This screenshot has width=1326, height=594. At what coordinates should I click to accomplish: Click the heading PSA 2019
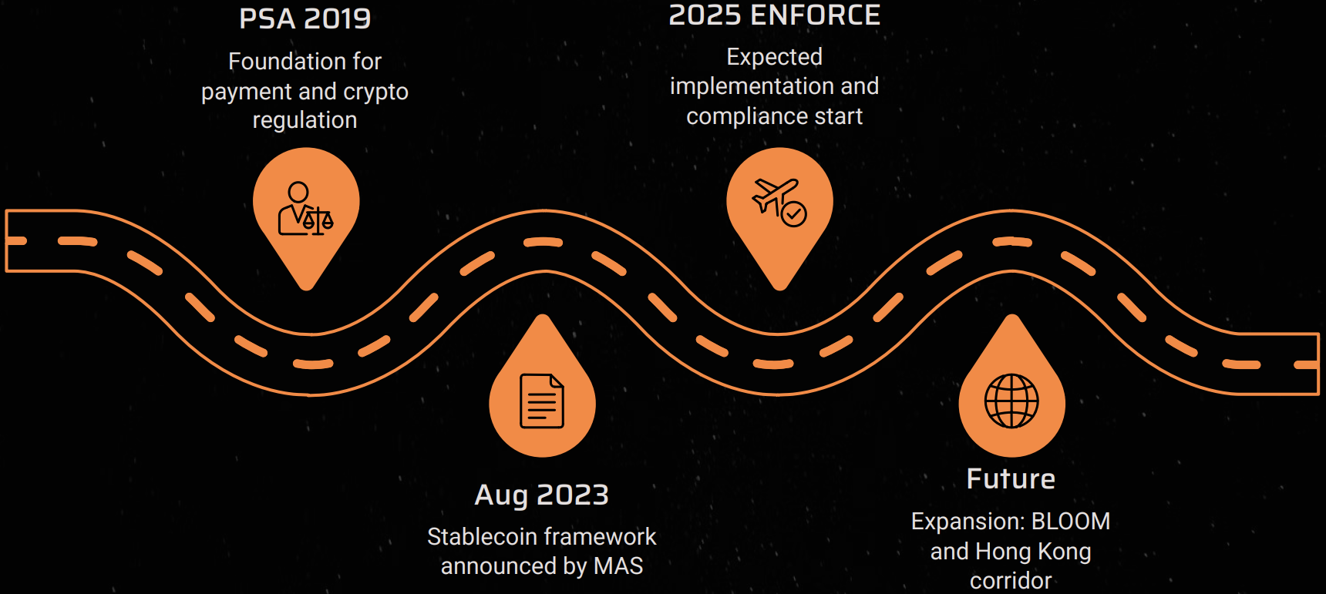305,18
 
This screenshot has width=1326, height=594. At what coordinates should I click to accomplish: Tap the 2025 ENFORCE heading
774,15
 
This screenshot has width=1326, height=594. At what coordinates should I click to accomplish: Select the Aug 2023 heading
541,495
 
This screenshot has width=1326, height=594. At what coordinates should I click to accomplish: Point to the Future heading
1011,479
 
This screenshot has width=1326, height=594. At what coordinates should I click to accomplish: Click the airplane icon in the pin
774,196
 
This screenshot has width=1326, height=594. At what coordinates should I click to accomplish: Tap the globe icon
1011,401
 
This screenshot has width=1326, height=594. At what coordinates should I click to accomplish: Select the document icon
542,401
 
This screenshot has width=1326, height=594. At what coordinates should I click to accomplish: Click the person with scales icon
305,209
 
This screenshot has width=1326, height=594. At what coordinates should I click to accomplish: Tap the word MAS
618,566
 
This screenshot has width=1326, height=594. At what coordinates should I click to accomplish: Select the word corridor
1011,580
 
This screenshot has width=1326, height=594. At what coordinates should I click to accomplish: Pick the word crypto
375,92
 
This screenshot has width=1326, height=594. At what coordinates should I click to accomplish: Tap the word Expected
774,57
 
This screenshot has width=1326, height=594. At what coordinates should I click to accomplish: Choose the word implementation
752,86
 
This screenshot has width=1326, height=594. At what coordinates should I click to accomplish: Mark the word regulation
305,121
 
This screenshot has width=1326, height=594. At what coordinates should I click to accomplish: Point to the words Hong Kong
1033,552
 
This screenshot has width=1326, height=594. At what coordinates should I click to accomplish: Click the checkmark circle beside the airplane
794,213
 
